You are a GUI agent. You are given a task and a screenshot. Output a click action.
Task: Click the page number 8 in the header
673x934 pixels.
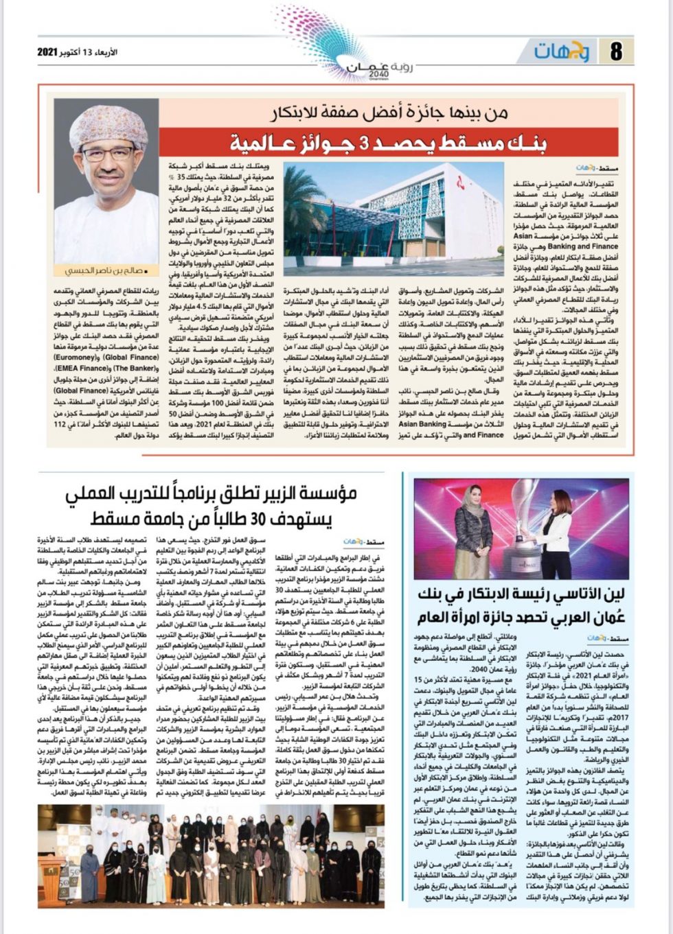coord(615,51)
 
